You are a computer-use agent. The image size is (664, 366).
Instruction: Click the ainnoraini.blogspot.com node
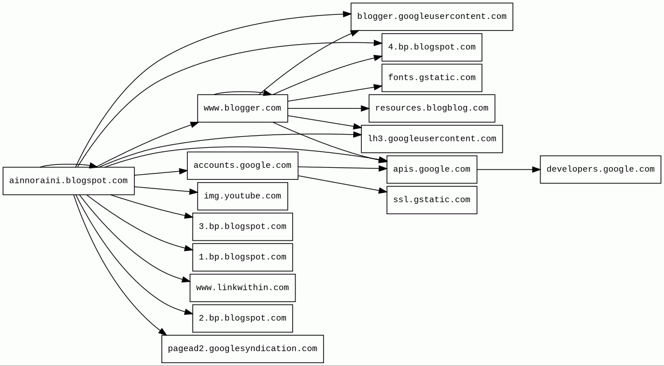(x=69, y=181)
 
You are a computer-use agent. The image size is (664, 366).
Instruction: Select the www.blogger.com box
(x=243, y=108)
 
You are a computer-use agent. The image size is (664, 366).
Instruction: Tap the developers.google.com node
(x=600, y=170)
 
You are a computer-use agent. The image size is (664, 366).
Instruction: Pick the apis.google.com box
(x=432, y=170)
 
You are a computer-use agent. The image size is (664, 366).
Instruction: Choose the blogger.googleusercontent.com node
(x=432, y=17)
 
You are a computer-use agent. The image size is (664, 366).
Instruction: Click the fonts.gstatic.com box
(x=432, y=78)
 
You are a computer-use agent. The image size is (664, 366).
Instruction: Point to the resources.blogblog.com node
(x=432, y=108)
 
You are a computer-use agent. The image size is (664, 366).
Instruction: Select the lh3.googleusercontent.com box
(x=432, y=139)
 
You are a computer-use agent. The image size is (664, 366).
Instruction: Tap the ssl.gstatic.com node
(x=432, y=200)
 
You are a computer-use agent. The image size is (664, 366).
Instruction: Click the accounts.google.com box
(x=243, y=166)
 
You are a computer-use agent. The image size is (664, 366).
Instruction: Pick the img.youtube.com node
(x=243, y=196)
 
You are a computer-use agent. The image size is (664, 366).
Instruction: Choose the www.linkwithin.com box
(x=243, y=288)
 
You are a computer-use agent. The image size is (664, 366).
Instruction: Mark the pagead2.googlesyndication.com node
(x=243, y=349)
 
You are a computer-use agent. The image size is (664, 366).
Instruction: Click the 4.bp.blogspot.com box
(x=432, y=48)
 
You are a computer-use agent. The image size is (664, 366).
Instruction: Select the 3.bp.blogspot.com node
(x=243, y=227)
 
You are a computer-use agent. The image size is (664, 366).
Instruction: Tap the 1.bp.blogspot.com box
(x=243, y=257)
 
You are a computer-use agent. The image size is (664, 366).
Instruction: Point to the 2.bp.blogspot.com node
(x=243, y=318)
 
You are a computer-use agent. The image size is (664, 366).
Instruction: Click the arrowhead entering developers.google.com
(x=536, y=170)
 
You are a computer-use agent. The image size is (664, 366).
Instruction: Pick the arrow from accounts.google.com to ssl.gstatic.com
(x=342, y=184)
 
